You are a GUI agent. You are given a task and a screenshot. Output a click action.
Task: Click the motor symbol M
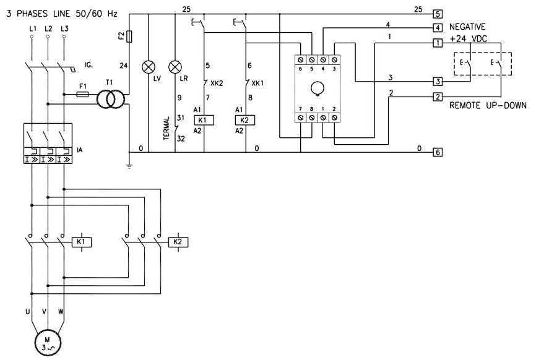coord(44,342)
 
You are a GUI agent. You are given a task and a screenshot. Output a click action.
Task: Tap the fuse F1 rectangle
coord(81,95)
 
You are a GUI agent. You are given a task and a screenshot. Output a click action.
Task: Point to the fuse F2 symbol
coord(128,38)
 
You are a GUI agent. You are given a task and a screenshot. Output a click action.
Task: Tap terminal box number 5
coord(438,13)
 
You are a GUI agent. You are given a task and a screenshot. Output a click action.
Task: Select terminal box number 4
coord(438,28)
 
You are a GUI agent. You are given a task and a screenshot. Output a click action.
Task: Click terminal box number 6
coord(438,152)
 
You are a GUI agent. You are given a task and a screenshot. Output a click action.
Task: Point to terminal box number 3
coord(438,81)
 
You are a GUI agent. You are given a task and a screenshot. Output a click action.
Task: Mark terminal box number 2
coord(438,97)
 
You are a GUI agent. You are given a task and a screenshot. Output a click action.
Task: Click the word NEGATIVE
coord(467,27)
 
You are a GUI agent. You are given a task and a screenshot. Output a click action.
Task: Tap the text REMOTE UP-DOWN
coord(487,106)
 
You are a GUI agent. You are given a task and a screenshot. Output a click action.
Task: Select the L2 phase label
coord(48,29)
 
